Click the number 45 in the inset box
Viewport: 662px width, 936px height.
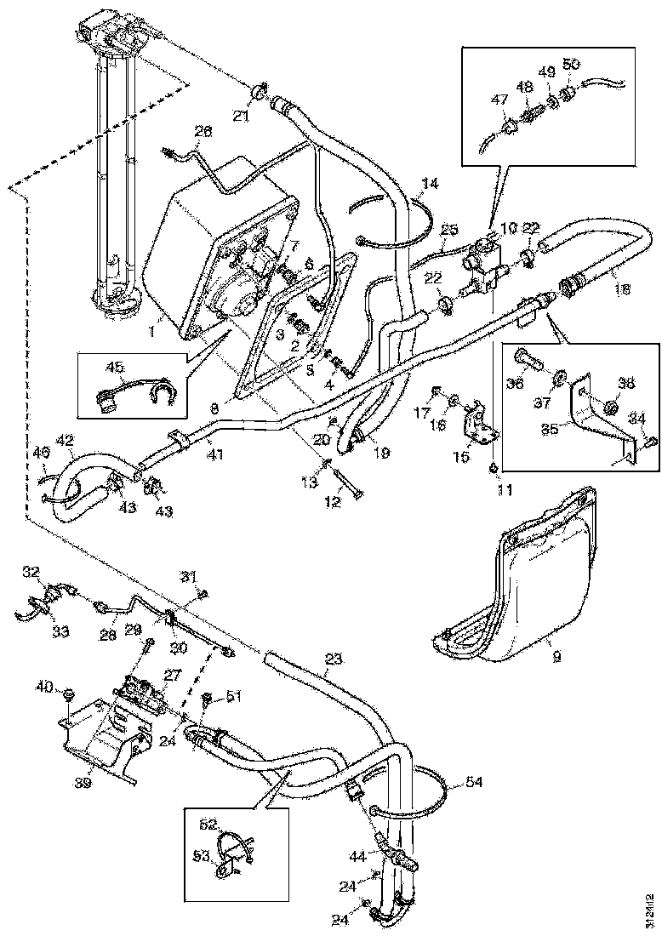pyautogui.click(x=115, y=368)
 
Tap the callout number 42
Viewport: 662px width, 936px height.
pyautogui.click(x=64, y=440)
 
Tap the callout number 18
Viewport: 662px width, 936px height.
pyautogui.click(x=623, y=289)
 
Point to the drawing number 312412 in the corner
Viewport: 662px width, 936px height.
pyautogui.click(x=650, y=907)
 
